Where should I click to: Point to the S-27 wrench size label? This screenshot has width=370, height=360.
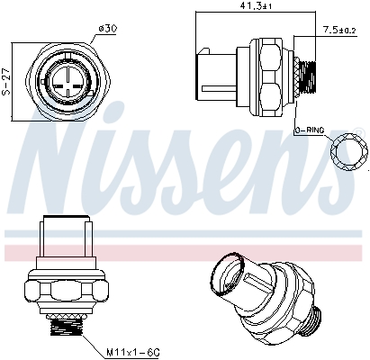point(8,78)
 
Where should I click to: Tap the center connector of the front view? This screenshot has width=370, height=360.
point(69,79)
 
